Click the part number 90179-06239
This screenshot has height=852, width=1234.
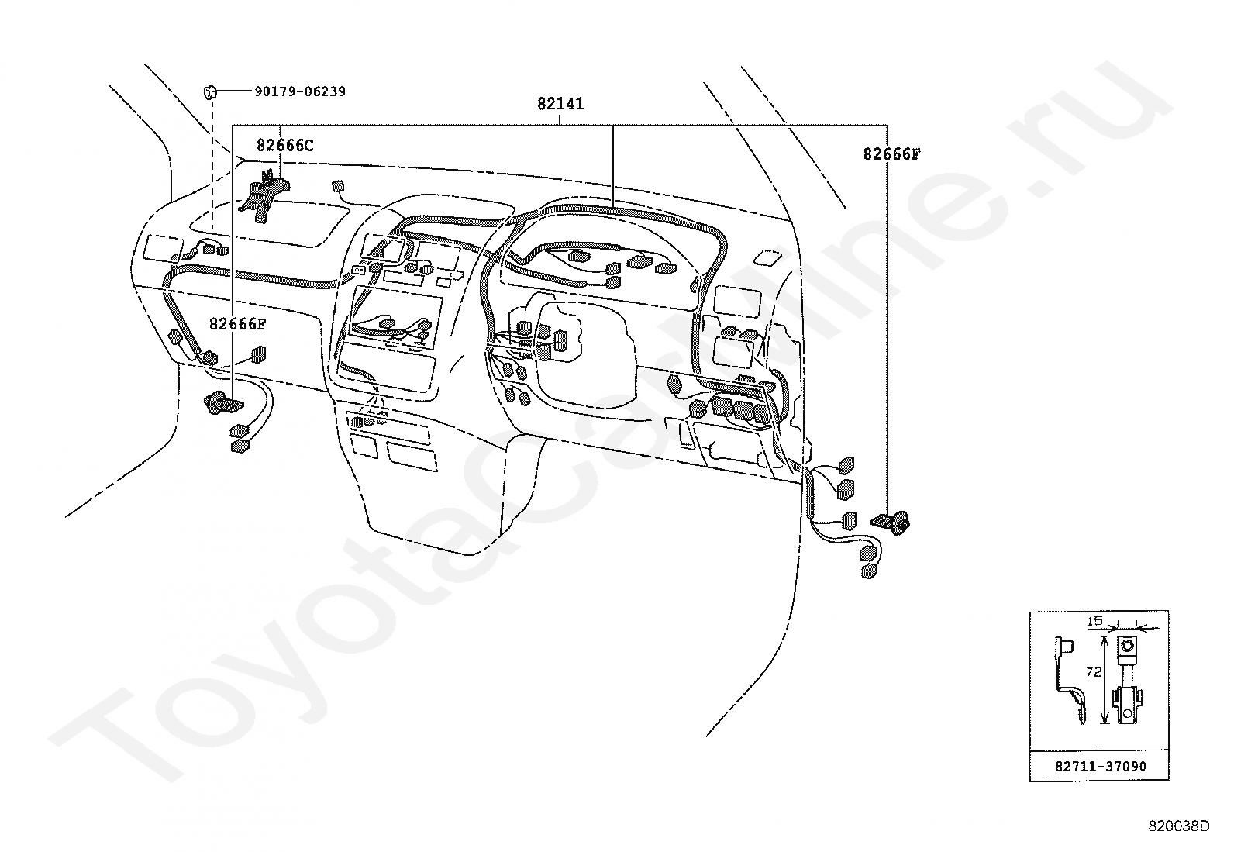[300, 91]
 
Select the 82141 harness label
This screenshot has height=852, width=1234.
[560, 104]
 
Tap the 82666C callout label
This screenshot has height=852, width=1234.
[284, 146]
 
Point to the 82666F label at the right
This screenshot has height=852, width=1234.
[891, 154]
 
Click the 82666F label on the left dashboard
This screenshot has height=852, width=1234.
[237, 324]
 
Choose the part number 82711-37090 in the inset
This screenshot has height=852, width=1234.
[1101, 767]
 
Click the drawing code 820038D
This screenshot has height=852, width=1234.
[1179, 826]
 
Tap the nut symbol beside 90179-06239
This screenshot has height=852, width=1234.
[210, 92]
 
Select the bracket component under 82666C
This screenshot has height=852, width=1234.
[264, 195]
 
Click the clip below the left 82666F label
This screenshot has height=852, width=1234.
[224, 404]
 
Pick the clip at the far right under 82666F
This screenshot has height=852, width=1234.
[891, 522]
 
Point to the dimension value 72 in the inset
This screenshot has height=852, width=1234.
[1094, 672]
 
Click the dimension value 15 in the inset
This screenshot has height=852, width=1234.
[1095, 621]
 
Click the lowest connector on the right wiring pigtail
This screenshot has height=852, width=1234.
[869, 571]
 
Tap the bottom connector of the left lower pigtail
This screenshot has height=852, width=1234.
[240, 445]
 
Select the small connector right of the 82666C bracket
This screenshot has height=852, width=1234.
[338, 186]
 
